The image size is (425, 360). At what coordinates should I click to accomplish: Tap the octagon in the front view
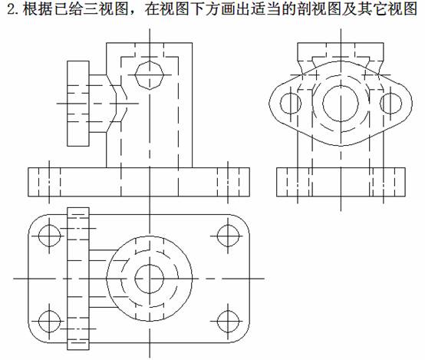click(x=150, y=75)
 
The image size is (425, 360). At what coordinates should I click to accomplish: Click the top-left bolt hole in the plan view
click(x=49, y=236)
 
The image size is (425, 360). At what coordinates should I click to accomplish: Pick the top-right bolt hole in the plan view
click(x=228, y=236)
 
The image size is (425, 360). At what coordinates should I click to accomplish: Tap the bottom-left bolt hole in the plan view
click(x=49, y=322)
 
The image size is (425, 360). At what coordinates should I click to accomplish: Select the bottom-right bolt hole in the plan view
click(x=228, y=322)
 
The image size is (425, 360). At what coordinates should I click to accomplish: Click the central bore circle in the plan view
click(x=150, y=279)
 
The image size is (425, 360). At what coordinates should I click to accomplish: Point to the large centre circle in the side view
click(x=341, y=104)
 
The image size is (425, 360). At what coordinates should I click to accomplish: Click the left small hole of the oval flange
click(x=291, y=104)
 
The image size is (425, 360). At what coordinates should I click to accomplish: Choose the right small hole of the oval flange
click(x=390, y=104)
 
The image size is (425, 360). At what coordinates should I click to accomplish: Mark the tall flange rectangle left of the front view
click(x=78, y=104)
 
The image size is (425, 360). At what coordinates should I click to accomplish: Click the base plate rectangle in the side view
click(x=341, y=182)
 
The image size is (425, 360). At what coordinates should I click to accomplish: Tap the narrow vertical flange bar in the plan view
click(x=78, y=279)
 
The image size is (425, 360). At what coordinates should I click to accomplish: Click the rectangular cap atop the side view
click(x=341, y=51)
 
